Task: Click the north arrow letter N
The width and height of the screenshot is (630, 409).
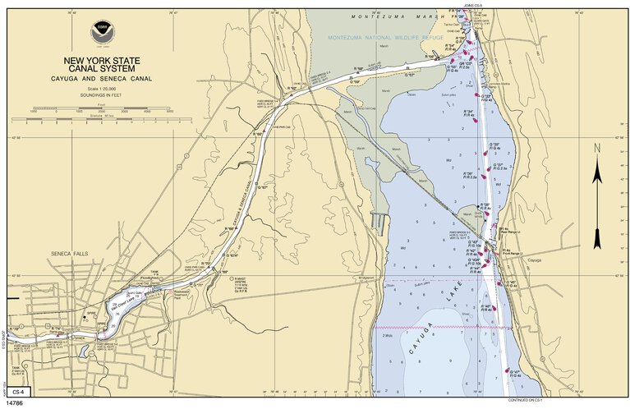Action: pyautogui.click(x=597, y=148)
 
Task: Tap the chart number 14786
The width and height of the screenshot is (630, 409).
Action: pyautogui.click(x=15, y=403)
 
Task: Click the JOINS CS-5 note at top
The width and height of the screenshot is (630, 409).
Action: pyautogui.click(x=473, y=6)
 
